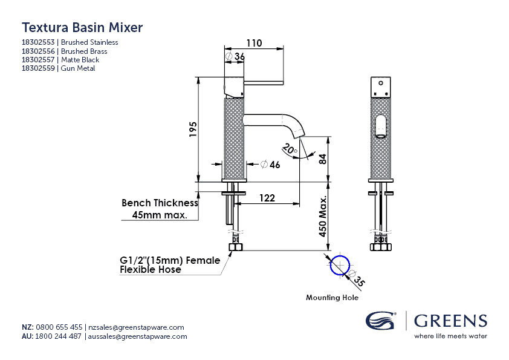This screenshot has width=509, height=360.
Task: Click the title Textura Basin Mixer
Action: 82,27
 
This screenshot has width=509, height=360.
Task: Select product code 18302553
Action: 39,42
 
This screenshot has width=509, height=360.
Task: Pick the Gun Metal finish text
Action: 78,68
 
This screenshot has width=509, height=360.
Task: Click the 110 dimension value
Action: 254,43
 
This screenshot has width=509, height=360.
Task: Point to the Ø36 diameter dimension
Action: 235,56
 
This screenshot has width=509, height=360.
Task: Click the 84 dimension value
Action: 322,159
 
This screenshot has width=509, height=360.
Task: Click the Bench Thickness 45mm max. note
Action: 160,209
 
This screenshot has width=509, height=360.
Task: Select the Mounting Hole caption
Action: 332,298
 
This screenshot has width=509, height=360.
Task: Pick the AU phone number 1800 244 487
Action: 59,336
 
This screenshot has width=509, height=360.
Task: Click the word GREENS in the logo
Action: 450,321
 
